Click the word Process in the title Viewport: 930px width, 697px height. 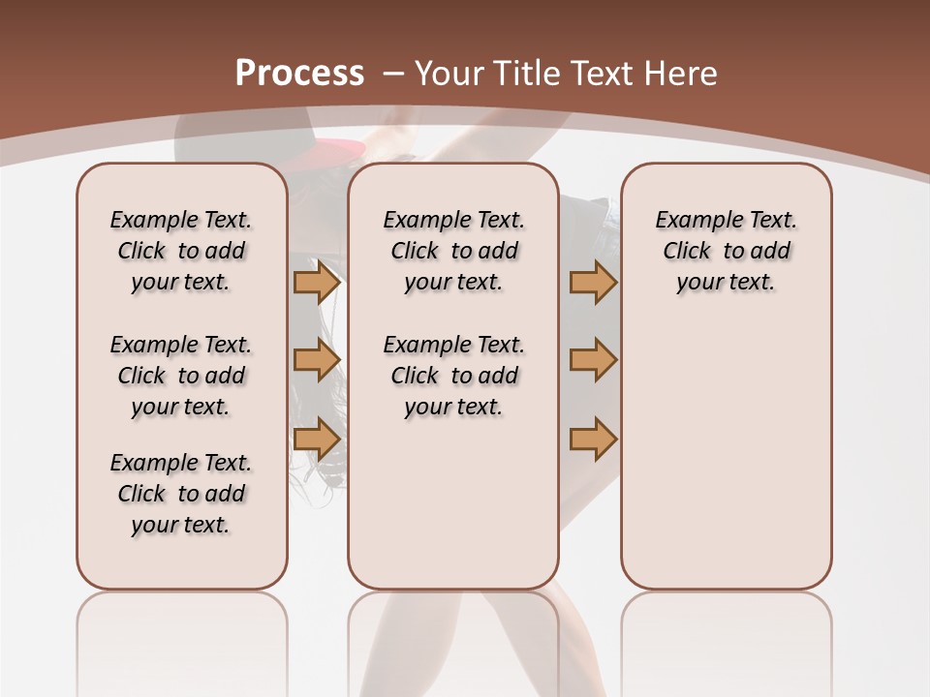pyautogui.click(x=299, y=74)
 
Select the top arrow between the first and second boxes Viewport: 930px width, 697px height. pyautogui.click(x=317, y=282)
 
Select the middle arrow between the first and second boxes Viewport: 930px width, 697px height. pyautogui.click(x=317, y=360)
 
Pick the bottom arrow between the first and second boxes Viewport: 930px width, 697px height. pyautogui.click(x=317, y=439)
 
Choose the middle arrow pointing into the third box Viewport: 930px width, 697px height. pyautogui.click(x=593, y=360)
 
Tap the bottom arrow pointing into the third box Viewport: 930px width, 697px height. pyautogui.click(x=593, y=439)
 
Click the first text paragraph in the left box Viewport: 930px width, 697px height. pyautogui.click(x=181, y=251)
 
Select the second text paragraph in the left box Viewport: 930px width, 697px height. pyautogui.click(x=181, y=376)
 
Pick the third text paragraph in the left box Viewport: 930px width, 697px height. pyautogui.click(x=181, y=494)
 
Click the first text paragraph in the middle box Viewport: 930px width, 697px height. pyautogui.click(x=453, y=251)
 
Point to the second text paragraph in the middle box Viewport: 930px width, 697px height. pyautogui.click(x=453, y=376)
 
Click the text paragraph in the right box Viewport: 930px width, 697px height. pyautogui.click(x=727, y=251)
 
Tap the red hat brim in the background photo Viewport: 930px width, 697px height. pyautogui.click(x=334, y=150)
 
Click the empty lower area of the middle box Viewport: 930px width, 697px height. pyautogui.click(x=453, y=503)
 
